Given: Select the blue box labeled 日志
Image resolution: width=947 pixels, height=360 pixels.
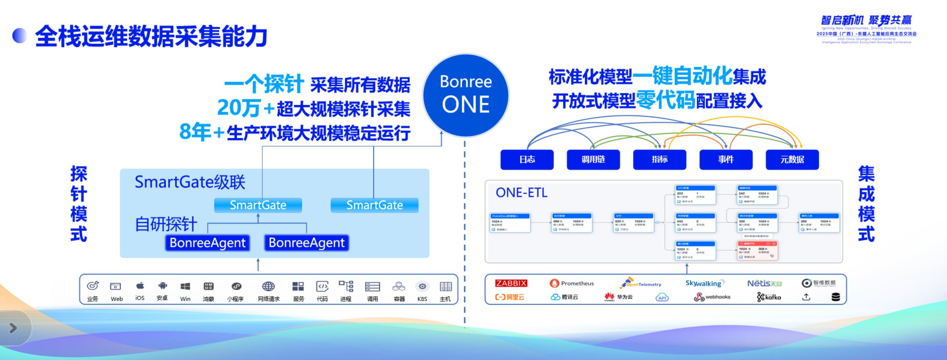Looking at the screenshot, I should [x=527, y=159].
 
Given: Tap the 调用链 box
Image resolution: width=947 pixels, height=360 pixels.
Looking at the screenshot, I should [x=593, y=159].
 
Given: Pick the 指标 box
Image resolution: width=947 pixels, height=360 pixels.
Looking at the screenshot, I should [x=659, y=159].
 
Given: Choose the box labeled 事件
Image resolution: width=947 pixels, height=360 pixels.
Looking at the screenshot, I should [x=726, y=159].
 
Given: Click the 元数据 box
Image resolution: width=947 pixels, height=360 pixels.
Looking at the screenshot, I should [x=792, y=159].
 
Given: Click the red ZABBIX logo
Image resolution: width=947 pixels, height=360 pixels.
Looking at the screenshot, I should [x=511, y=283].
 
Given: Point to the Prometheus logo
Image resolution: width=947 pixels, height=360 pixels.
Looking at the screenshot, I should [x=571, y=283].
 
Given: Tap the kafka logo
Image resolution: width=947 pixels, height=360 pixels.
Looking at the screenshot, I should [x=769, y=297].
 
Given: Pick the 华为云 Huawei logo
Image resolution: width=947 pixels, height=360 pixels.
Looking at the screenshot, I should [x=618, y=297].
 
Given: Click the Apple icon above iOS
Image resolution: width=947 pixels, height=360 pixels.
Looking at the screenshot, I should [x=140, y=286].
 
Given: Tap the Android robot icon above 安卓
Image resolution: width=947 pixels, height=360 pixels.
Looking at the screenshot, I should [x=163, y=286].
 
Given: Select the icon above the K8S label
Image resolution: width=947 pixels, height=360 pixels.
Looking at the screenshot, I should [x=422, y=286].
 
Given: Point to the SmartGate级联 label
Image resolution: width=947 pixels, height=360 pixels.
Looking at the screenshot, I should [x=190, y=182].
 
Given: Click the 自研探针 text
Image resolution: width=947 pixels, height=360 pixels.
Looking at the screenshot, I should [x=166, y=224].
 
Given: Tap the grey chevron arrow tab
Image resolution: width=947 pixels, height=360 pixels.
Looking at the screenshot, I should [x=13, y=328].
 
